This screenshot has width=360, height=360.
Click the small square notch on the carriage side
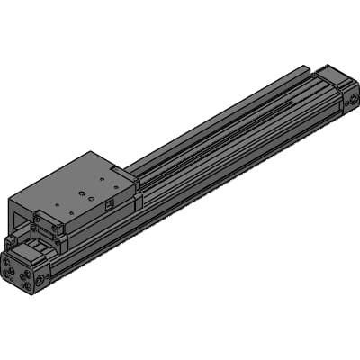coord(107,205)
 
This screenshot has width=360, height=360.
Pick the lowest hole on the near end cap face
coord(27,286)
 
